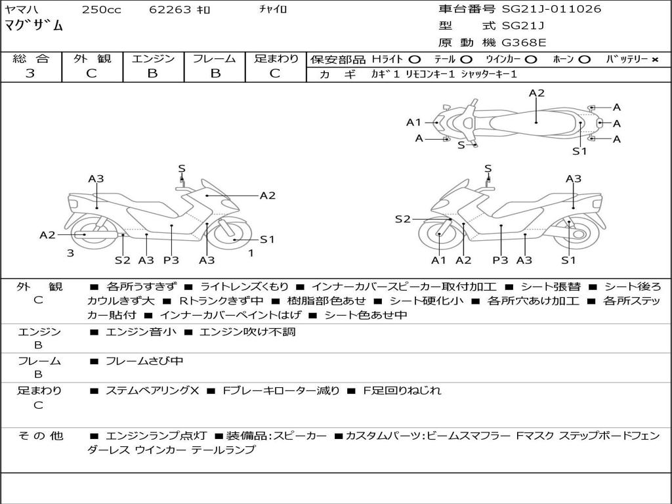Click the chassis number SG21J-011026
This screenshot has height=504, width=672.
pyautogui.click(x=551, y=9)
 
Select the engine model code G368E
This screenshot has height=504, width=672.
pyautogui.click(x=524, y=43)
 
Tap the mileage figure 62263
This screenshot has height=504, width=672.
pyautogui.click(x=170, y=10)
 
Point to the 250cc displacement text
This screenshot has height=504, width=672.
pyautogui.click(x=101, y=10)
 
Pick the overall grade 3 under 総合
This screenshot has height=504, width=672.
pyautogui.click(x=30, y=73)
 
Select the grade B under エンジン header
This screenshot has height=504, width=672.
pyautogui.click(x=152, y=73)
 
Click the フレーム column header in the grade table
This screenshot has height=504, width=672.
pyautogui.click(x=215, y=58)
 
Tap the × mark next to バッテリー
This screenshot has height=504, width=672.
pyautogui.click(x=654, y=59)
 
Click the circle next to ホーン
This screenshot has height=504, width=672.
pyautogui.click(x=585, y=59)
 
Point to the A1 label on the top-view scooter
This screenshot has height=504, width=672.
pyautogui.click(x=413, y=122)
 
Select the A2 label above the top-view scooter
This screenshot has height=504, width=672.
pyautogui.click(x=537, y=93)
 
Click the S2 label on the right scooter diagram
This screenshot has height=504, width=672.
pyautogui.click(x=402, y=219)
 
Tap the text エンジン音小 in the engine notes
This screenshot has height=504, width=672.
pyautogui.click(x=140, y=332)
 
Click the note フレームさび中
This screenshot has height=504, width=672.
pyautogui.click(x=144, y=361)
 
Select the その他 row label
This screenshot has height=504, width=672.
pyautogui.click(x=40, y=436)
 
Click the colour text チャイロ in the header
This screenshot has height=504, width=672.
pyautogui.click(x=273, y=10)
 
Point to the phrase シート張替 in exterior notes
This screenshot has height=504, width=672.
pyautogui.click(x=550, y=287)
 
